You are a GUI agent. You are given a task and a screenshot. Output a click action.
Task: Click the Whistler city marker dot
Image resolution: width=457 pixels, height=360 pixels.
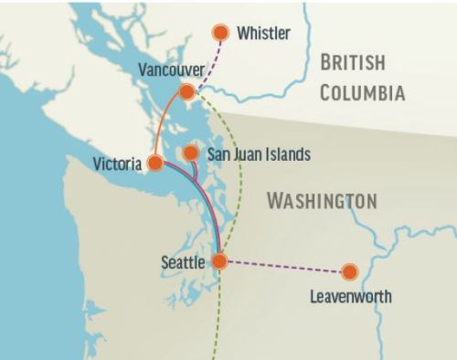pos(220,33)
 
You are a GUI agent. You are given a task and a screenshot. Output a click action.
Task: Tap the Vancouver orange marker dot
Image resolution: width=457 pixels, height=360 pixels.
pos(186,91)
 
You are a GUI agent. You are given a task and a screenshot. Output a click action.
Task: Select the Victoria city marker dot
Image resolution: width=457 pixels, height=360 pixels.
pos(155,163)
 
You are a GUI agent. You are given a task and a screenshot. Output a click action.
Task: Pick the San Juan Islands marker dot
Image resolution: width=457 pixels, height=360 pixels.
pos(189,153)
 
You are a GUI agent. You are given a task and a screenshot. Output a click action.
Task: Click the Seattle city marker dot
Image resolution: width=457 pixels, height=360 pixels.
pos(219,261)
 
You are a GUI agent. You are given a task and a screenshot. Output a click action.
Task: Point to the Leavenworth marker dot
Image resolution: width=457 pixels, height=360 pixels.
pos(348,271)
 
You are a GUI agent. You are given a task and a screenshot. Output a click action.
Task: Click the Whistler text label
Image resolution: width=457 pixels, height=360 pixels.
pos(263,34)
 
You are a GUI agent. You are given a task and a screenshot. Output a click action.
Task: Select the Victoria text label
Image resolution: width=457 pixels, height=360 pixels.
pos(117,164)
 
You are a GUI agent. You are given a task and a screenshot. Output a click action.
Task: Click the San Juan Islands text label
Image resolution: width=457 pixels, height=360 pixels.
pos(259,154)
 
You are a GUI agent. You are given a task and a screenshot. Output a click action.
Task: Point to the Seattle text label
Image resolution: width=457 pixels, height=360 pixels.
pos(184,262)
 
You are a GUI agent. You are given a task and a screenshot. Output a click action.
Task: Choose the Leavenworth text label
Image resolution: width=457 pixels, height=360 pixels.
pos(351,296)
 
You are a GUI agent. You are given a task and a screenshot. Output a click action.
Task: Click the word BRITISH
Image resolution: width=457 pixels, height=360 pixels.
pos(353,63)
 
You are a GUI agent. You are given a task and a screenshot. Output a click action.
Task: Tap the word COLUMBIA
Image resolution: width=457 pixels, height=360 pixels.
pos(363,91)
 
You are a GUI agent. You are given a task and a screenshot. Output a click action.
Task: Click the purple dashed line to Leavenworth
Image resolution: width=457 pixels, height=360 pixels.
pos(283,266)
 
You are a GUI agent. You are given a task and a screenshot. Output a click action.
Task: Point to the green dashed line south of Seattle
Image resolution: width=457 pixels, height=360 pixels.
pos(217,320)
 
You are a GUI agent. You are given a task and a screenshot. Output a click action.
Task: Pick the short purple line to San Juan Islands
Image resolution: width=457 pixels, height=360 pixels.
pos(195,169)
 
